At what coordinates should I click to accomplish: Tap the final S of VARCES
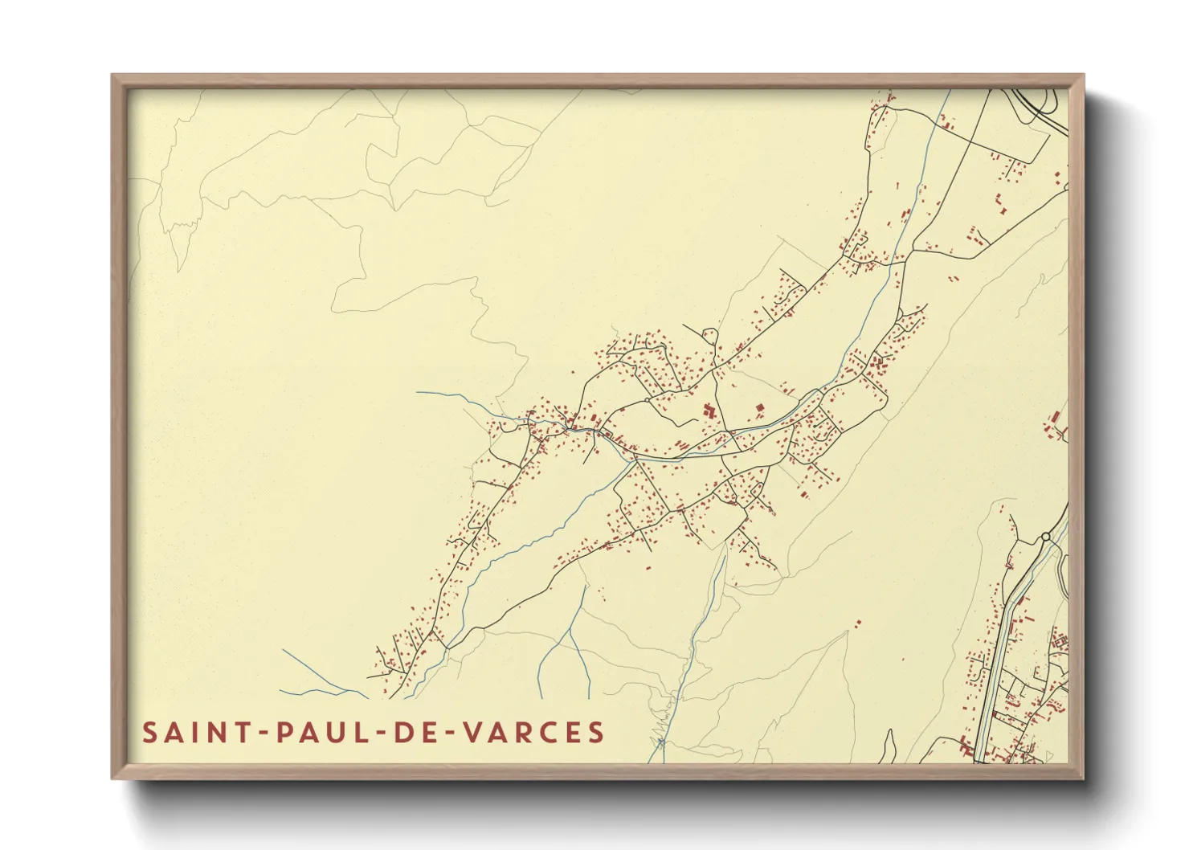pos(595,733)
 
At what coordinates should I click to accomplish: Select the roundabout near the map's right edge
pos(1045,536)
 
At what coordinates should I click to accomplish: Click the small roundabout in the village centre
pos(648,399)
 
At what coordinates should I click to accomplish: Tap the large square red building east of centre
pos(758,410)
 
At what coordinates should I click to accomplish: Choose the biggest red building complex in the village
pos(709,411)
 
